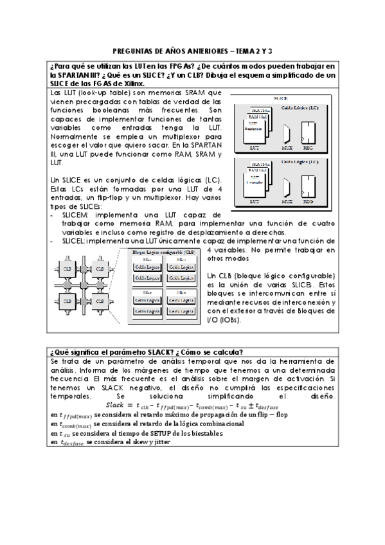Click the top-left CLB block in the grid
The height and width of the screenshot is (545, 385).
66,267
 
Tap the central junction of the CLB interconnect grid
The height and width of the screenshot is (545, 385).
82,283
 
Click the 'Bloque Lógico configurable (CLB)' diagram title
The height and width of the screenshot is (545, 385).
161,251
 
